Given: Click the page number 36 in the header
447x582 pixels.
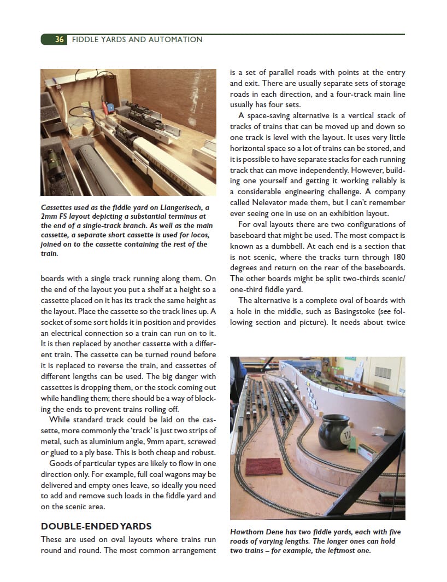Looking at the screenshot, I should point(59,39).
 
